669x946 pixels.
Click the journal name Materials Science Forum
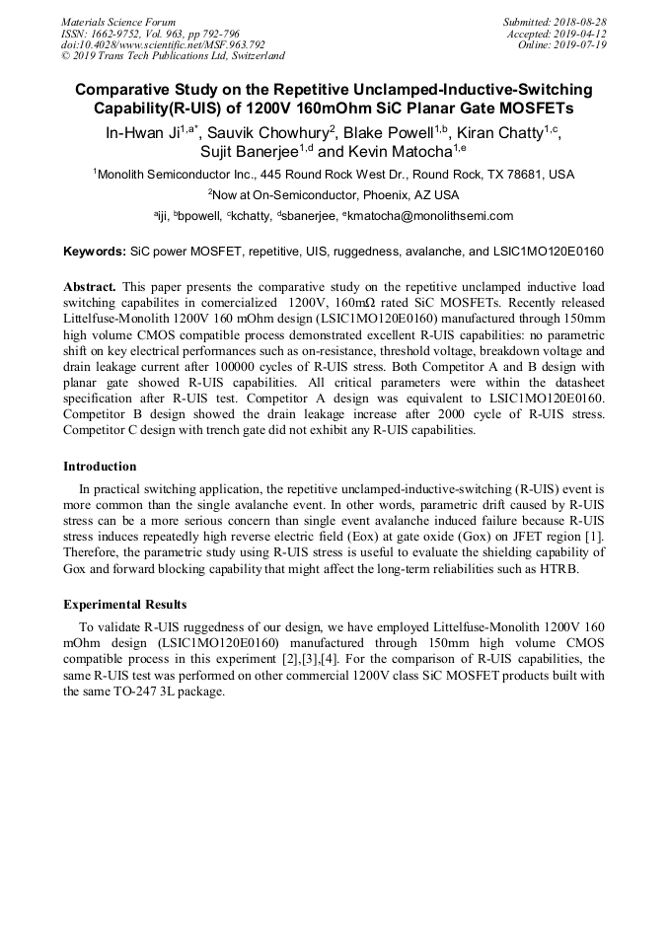[118, 22]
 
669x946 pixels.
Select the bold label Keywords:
[95, 252]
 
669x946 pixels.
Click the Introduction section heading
[100, 467]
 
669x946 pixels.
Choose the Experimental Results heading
[124, 605]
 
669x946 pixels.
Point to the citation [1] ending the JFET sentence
[596, 537]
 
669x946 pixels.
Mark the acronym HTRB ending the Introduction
[559, 568]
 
